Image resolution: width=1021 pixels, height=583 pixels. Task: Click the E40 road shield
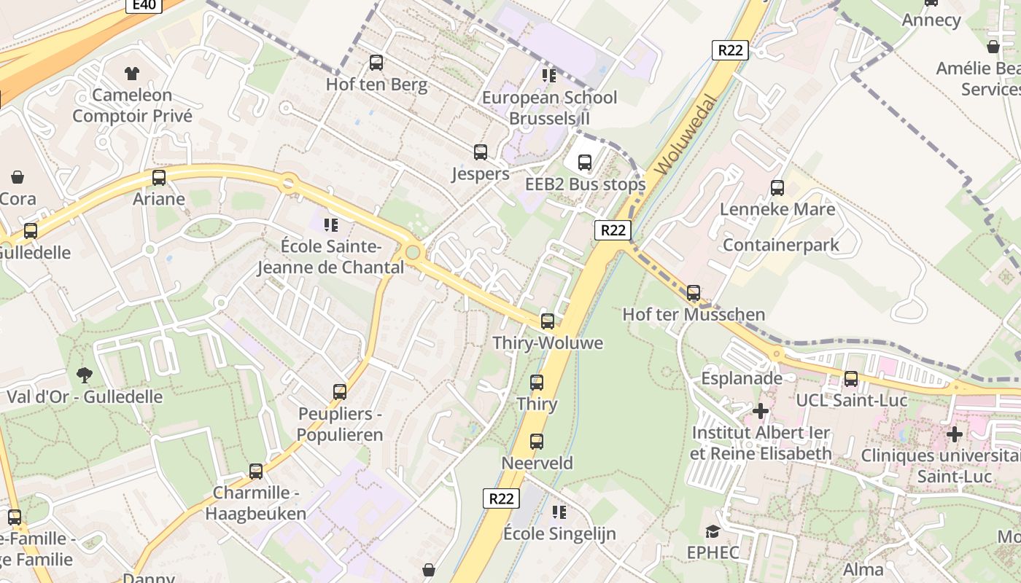coord(144,5)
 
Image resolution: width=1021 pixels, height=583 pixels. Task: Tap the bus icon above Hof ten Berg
coord(376,63)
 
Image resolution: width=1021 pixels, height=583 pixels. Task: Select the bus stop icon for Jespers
coord(481,152)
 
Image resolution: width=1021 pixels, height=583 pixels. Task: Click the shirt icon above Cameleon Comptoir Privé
coord(132,73)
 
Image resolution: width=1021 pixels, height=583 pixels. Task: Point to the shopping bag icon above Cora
coord(18,177)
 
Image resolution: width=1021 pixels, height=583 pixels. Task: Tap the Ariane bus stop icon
coord(159,178)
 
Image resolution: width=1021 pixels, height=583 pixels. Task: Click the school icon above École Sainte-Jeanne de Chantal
coord(331,224)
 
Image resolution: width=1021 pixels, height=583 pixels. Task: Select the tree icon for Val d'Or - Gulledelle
coord(85,375)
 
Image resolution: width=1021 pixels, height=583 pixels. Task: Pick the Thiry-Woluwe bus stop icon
coord(548,321)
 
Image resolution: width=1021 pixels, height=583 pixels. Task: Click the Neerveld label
coord(537,463)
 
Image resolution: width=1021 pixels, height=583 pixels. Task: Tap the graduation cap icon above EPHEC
coord(713,531)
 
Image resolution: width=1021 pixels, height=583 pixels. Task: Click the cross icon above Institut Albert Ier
coord(761,412)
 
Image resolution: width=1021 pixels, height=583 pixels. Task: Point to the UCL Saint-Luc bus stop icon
coord(851,379)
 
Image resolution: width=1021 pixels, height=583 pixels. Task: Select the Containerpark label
coord(781,245)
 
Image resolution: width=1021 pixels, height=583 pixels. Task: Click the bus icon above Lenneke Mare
coord(777,188)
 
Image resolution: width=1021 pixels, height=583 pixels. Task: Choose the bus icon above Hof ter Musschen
coord(694,293)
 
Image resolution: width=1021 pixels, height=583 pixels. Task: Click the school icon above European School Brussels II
coord(549,76)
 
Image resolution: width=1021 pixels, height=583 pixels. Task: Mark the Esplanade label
coord(742,378)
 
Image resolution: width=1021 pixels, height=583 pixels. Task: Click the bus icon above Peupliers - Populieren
coord(340,392)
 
